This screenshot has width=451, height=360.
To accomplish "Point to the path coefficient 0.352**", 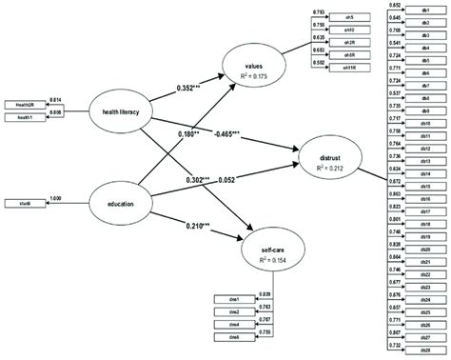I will point(198,89).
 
